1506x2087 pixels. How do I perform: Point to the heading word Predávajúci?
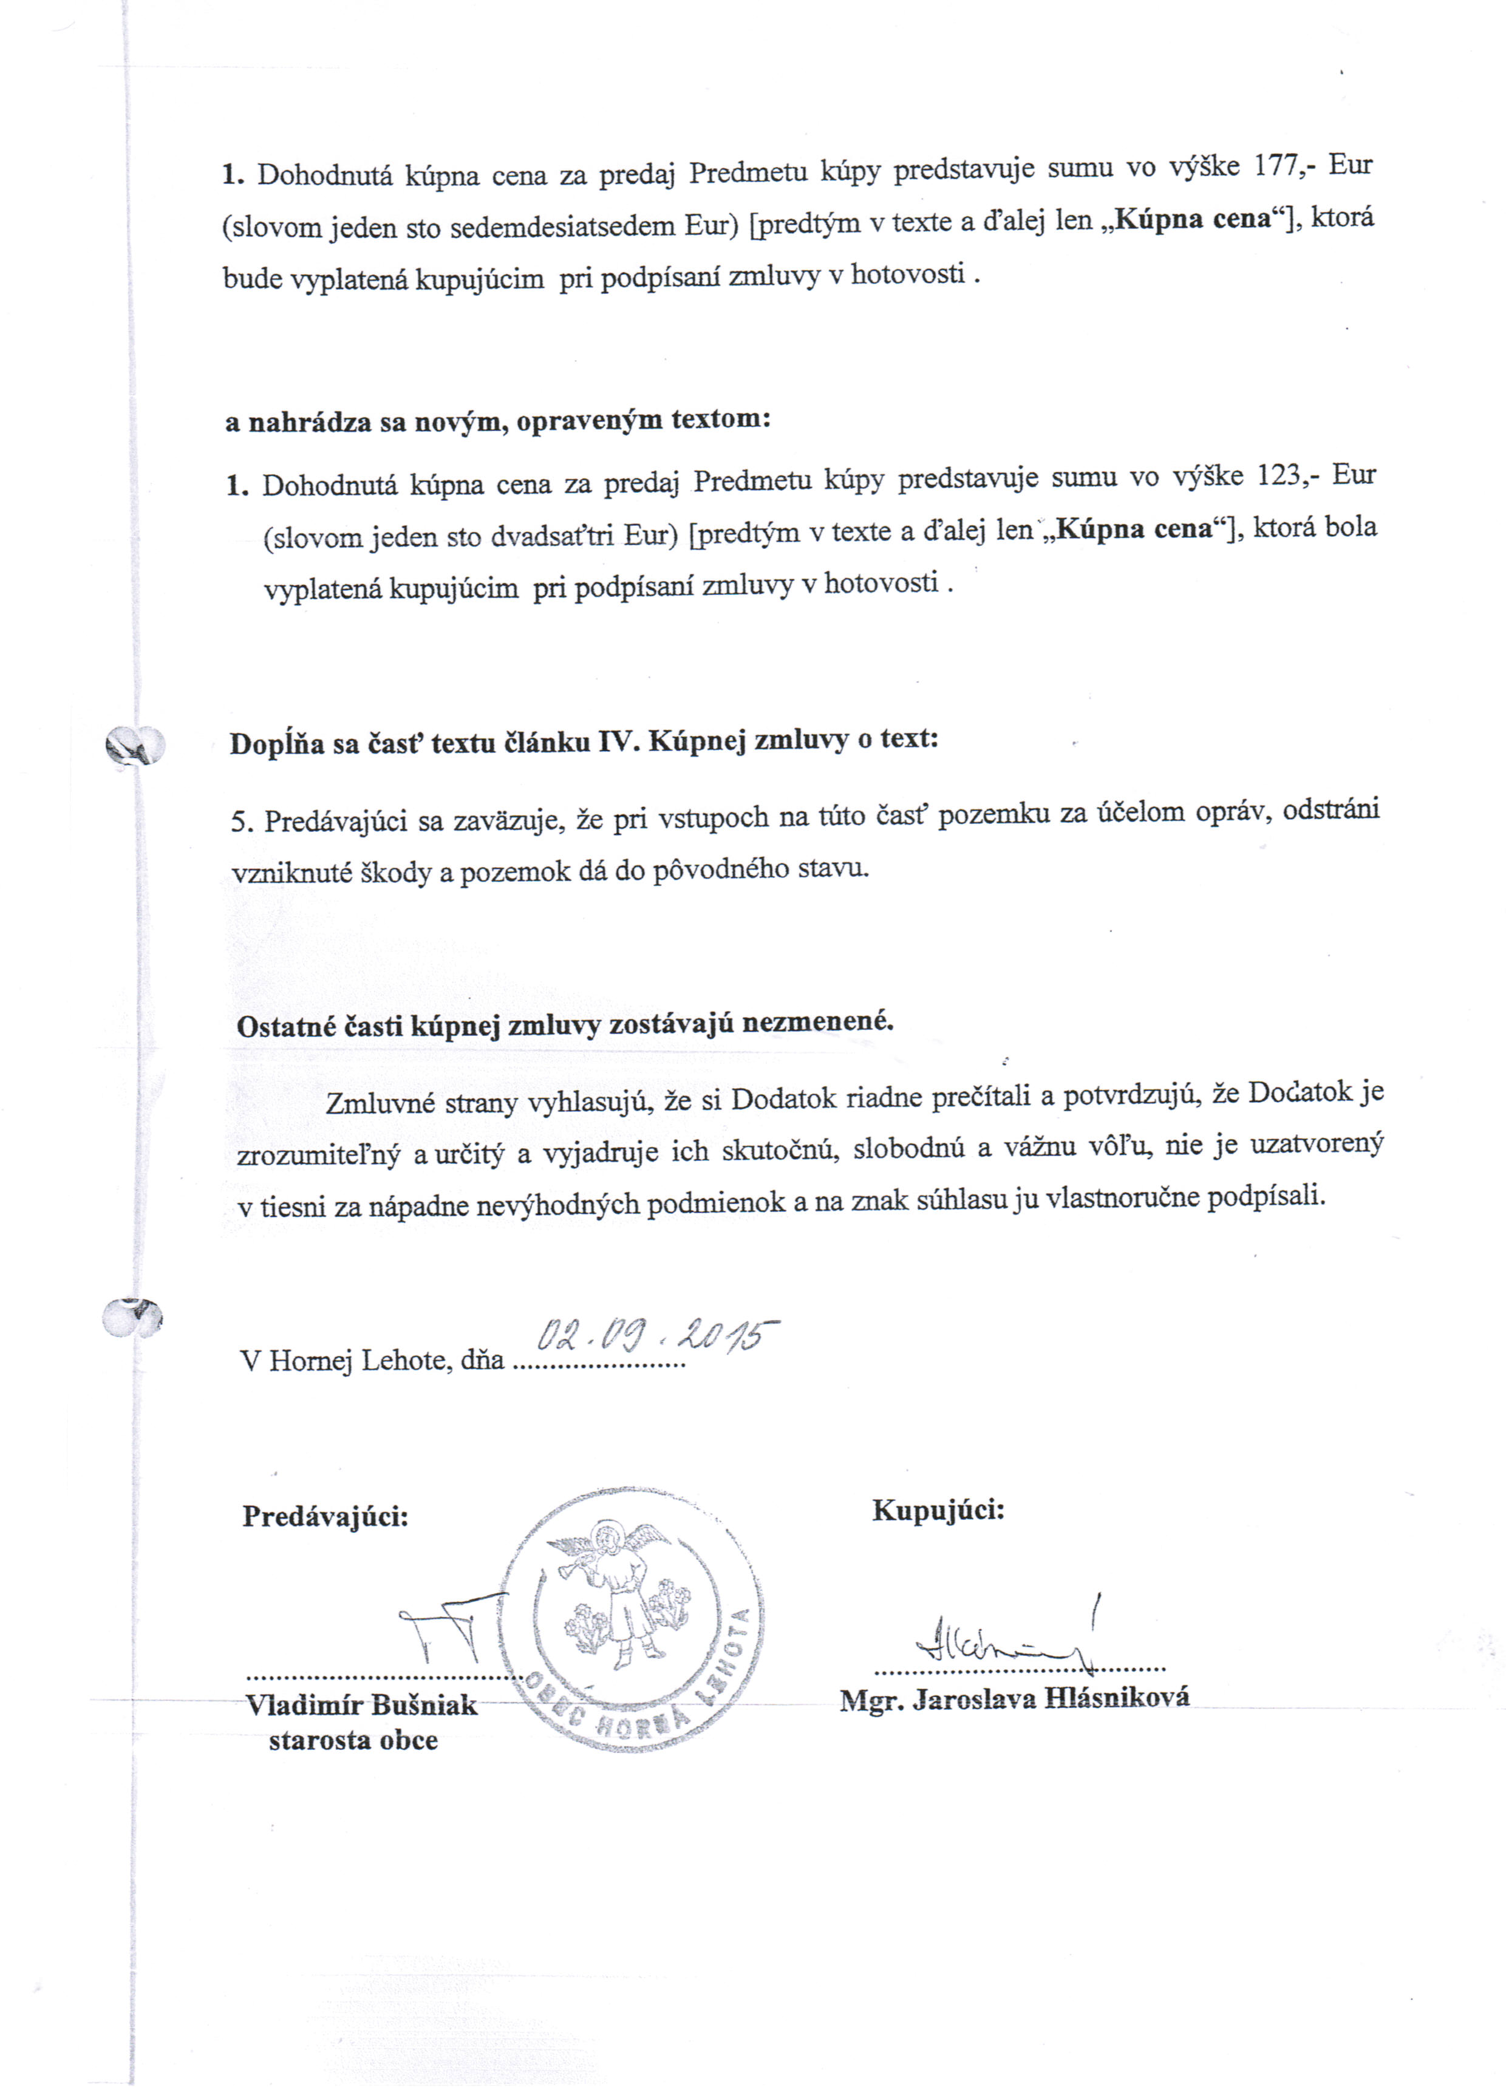(325, 1516)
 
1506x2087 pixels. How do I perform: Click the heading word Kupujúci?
(938, 1509)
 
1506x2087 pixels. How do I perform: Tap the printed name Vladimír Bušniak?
(361, 1705)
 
